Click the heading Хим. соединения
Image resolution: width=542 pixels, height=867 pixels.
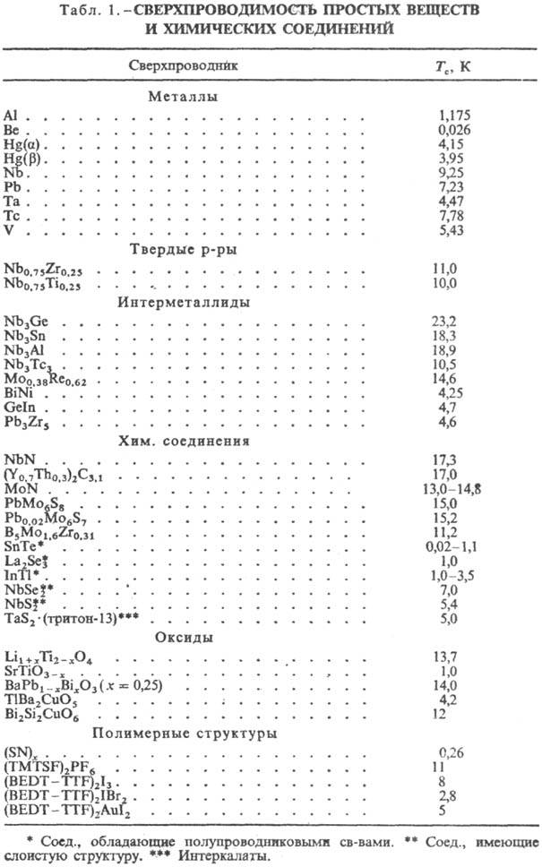click(188, 441)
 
